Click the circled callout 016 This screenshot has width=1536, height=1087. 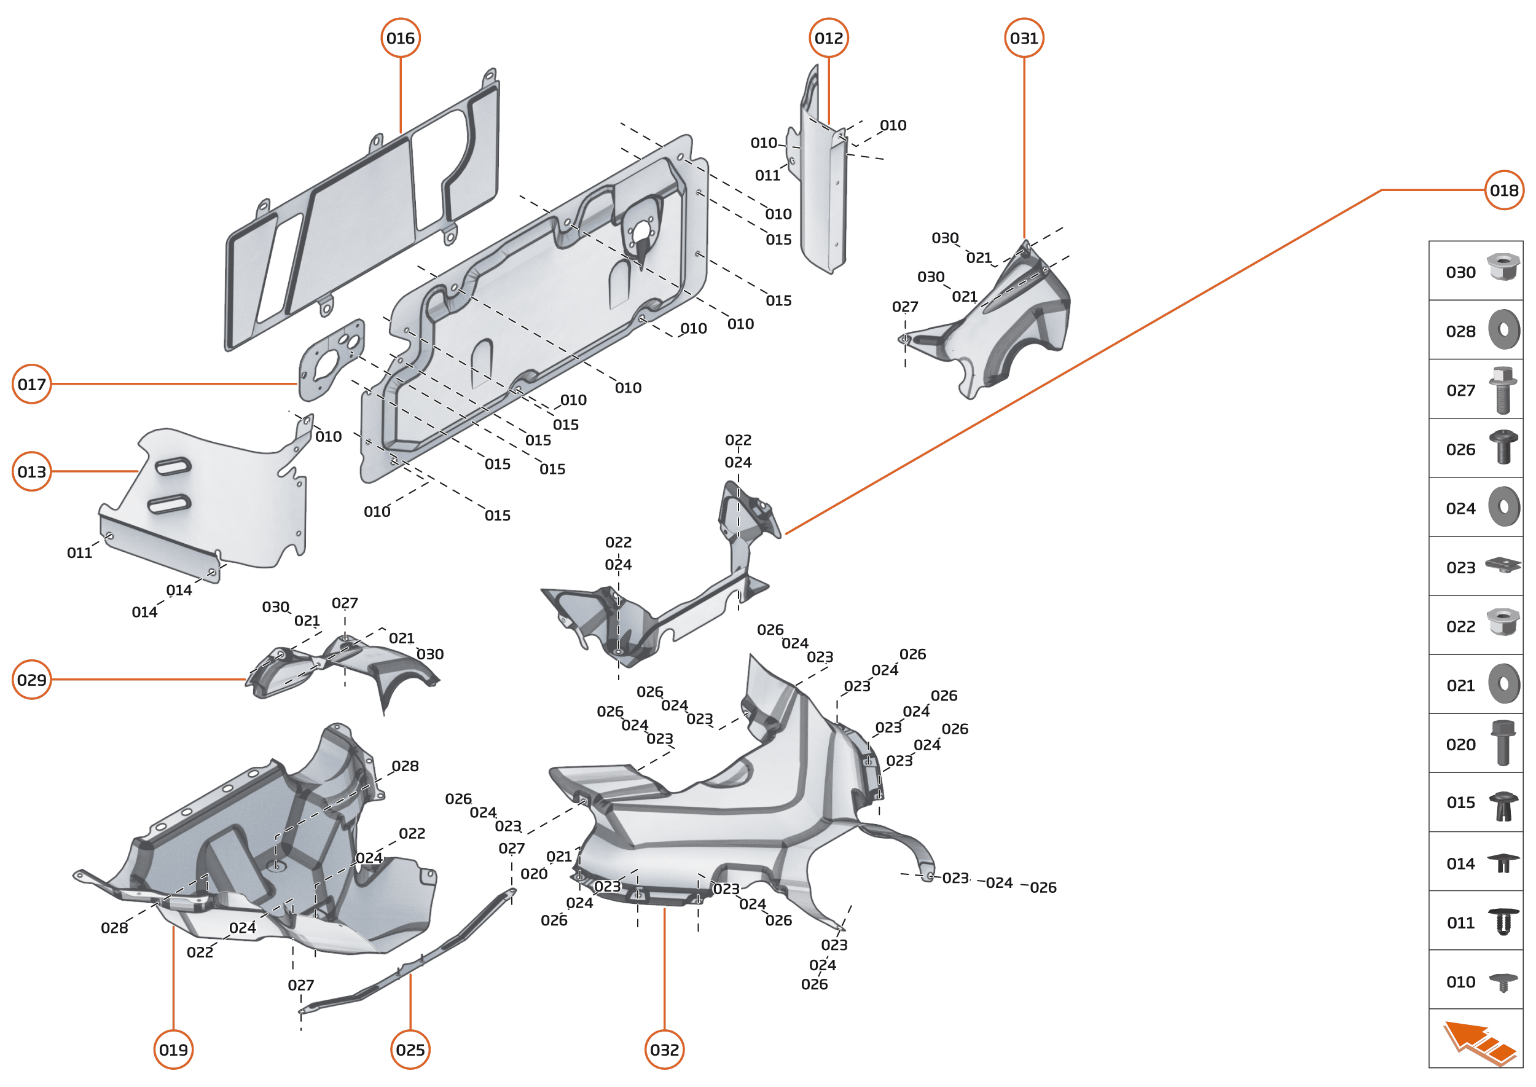point(400,38)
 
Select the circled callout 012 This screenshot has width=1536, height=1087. point(829,38)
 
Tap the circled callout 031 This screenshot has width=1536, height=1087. point(1024,38)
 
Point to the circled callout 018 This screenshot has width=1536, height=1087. point(1504,190)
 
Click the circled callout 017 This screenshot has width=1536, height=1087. point(31,384)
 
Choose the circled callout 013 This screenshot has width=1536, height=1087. point(31,472)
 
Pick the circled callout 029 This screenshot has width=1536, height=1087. point(31,680)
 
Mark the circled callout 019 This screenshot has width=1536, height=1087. point(173,1050)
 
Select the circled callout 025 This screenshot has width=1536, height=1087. point(410,1050)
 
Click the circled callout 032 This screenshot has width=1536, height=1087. point(665,1050)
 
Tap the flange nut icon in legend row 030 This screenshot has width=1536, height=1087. point(1503,267)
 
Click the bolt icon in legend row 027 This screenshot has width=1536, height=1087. point(1503,390)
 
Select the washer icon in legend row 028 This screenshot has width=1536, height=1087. point(1504,329)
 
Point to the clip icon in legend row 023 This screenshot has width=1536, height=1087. point(1503,565)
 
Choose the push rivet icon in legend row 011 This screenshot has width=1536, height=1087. point(1503,922)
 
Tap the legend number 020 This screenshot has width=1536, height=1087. point(1460,745)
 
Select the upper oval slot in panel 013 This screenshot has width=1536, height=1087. point(173,466)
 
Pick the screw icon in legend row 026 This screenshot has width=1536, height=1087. point(1503,447)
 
